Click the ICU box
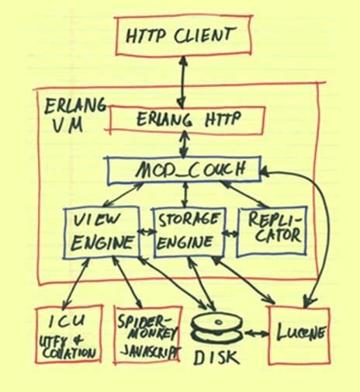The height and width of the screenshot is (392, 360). [x=68, y=335]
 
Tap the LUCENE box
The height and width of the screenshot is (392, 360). [x=298, y=335]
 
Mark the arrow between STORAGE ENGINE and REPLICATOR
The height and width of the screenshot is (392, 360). [x=230, y=231]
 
